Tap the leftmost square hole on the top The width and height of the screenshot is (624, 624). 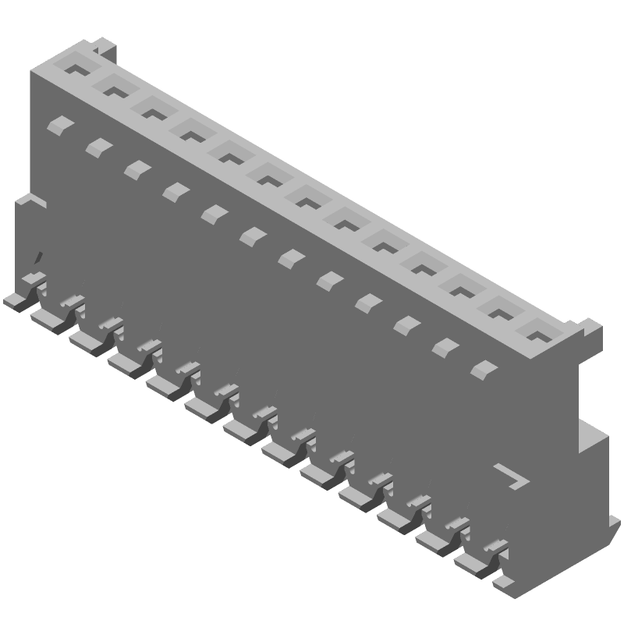[76, 69]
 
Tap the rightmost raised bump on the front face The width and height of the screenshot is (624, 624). [484, 368]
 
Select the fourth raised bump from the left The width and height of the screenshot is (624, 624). [175, 190]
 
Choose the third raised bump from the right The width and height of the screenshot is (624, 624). [406, 324]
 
